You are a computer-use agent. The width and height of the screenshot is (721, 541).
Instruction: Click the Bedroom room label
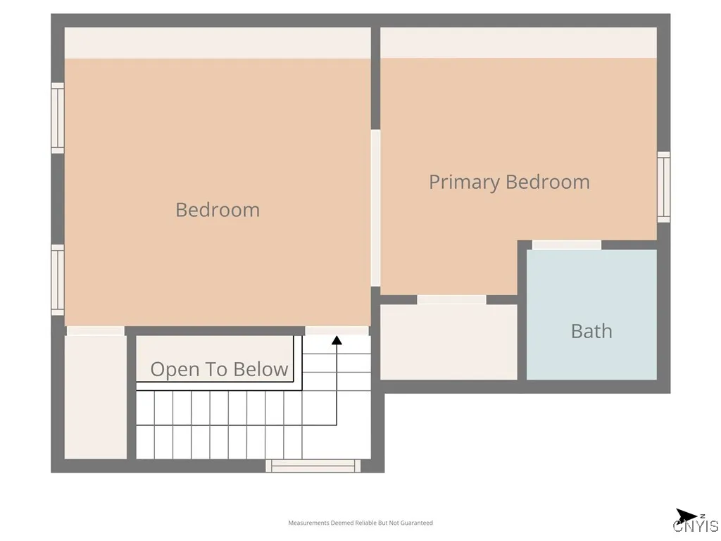(218, 210)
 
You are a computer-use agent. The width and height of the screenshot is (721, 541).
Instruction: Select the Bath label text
(591, 331)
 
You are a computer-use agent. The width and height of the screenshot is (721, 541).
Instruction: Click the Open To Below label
(219, 369)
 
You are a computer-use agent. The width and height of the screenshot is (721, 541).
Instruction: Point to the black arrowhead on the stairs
(337, 341)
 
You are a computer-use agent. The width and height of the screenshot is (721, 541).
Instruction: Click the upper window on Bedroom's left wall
(58, 118)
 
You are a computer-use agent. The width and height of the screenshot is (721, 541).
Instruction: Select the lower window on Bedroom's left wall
(58, 280)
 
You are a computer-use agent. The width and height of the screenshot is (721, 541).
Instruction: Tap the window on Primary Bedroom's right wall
(663, 187)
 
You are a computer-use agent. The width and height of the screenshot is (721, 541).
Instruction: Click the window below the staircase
(313, 466)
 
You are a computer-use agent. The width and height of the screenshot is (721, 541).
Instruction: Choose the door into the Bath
(567, 245)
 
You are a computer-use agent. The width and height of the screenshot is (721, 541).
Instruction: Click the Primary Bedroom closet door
(451, 299)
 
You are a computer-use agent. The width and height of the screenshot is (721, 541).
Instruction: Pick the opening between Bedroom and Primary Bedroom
(375, 208)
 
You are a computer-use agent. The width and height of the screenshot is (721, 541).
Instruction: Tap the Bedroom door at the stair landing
(337, 330)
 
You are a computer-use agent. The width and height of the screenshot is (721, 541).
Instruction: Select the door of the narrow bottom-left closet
(96, 330)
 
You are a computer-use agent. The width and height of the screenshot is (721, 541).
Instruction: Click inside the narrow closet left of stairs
(96, 397)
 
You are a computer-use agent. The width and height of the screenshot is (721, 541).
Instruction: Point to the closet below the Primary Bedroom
(449, 342)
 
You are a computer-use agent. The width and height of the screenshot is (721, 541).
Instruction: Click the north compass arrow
(686, 516)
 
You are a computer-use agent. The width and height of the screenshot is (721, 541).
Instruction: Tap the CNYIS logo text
(696, 526)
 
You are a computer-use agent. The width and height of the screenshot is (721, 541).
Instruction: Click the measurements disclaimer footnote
(360, 523)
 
